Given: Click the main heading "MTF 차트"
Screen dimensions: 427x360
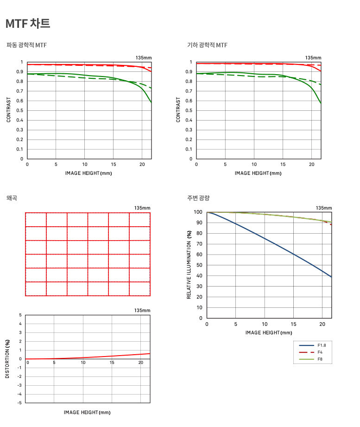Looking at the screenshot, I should [28, 23].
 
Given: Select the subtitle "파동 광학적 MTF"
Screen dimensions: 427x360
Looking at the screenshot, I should [26, 45].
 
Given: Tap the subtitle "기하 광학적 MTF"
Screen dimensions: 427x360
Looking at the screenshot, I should [207, 45].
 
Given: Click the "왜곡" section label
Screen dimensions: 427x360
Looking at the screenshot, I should [12, 198].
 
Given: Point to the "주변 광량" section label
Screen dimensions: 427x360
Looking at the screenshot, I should [198, 198].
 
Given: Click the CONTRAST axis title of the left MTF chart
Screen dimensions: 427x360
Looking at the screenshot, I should [9, 110].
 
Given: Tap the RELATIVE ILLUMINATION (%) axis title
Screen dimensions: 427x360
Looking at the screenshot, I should [189, 265].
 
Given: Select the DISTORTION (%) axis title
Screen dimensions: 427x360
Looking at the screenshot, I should [7, 359].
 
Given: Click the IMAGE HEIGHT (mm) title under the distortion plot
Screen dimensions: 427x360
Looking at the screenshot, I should [88, 412].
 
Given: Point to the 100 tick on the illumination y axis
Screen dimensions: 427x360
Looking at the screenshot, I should [198, 212].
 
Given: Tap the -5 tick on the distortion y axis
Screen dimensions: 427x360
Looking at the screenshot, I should [20, 402].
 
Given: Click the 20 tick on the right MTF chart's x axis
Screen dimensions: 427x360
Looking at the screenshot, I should [311, 165].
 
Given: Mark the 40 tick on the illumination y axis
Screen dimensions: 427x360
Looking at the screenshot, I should [199, 276].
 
